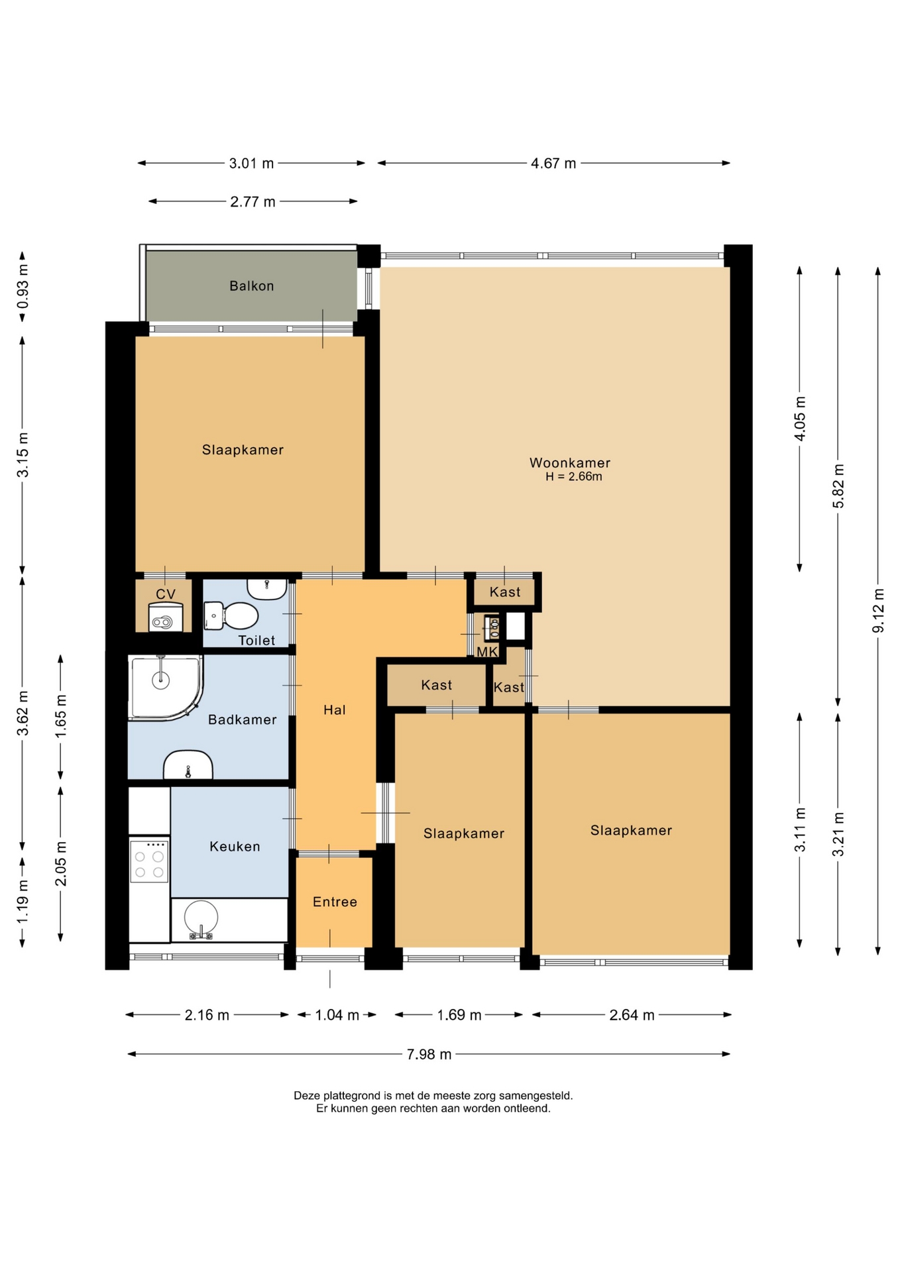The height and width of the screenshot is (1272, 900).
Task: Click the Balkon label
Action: tap(251, 286)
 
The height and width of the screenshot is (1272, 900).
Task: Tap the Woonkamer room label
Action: tap(570, 462)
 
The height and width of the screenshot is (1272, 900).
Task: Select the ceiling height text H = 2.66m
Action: tap(574, 476)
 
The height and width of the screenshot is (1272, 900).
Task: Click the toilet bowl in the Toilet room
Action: tap(231, 615)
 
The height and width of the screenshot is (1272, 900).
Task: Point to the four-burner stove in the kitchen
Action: tap(149, 861)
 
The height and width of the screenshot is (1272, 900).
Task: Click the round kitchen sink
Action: tap(201, 919)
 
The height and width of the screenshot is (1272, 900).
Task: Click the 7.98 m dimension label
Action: tap(429, 1054)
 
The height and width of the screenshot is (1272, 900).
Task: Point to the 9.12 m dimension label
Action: tap(878, 610)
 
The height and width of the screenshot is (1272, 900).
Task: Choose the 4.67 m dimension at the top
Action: tap(553, 163)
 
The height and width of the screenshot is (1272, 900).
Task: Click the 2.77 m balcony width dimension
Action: tap(253, 201)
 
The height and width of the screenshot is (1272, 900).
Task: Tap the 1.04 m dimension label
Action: tap(337, 1014)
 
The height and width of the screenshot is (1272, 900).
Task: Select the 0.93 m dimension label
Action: tap(23, 287)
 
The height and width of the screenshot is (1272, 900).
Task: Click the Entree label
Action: tap(335, 902)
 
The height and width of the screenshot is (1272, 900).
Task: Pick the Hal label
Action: tap(335, 710)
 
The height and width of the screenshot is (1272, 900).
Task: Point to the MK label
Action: tap(487, 652)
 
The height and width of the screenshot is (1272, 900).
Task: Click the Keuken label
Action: tap(235, 846)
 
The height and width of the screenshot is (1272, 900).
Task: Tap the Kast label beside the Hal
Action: tap(436, 685)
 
